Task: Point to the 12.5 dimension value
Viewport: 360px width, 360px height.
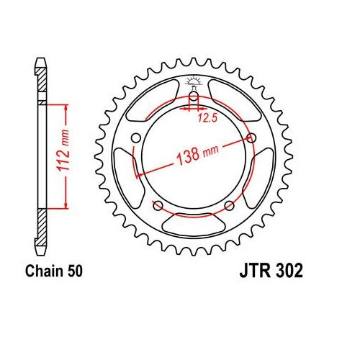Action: (207, 118)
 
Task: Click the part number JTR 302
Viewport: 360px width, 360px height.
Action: (271, 271)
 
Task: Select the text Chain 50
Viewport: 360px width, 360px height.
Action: (54, 271)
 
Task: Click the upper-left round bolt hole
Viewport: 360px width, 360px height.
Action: (136, 138)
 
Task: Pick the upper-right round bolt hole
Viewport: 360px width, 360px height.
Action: (251, 138)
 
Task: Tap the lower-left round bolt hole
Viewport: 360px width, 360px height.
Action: (158, 205)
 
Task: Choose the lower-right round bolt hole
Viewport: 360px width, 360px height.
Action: (230, 205)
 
